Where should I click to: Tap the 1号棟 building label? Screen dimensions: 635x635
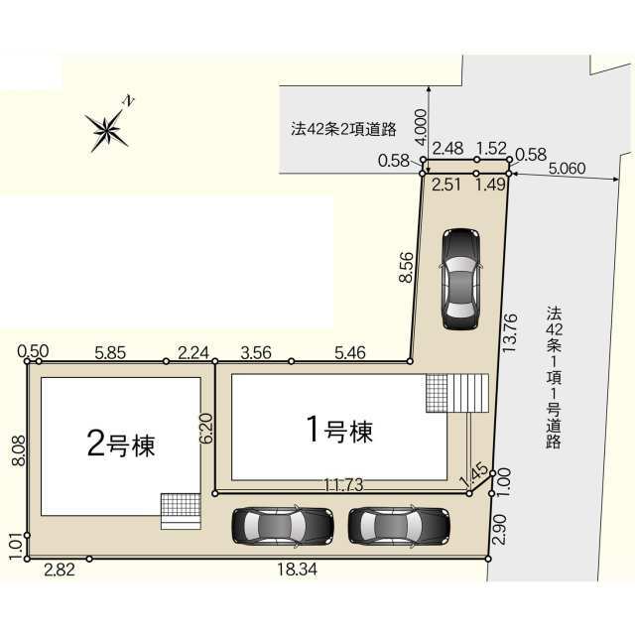point(339,430)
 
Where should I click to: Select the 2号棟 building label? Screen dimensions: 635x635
point(121,444)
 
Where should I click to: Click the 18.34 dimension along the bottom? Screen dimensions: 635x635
point(298,571)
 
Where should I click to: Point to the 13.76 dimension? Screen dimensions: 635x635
point(509,332)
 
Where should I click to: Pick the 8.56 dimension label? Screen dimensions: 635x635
point(406,267)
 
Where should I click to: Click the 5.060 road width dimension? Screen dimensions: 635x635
point(567,168)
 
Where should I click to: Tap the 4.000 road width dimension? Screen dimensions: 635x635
point(421,127)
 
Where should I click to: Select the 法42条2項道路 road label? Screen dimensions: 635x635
point(343,129)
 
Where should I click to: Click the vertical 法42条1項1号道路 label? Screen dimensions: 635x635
point(554,377)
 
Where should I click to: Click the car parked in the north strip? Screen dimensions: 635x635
point(460,279)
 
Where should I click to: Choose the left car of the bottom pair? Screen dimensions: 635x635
point(283,527)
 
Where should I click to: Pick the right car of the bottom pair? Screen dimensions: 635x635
point(399,527)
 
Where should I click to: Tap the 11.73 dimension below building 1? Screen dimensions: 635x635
point(343,485)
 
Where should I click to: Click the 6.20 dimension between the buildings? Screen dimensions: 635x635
point(206,428)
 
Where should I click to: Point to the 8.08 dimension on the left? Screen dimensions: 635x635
point(19,450)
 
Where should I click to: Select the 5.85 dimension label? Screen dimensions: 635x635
point(110,353)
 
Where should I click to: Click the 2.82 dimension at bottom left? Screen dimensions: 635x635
point(60,571)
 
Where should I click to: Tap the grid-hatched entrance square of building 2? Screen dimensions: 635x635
point(181,505)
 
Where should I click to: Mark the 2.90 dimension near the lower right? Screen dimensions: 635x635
point(500,530)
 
